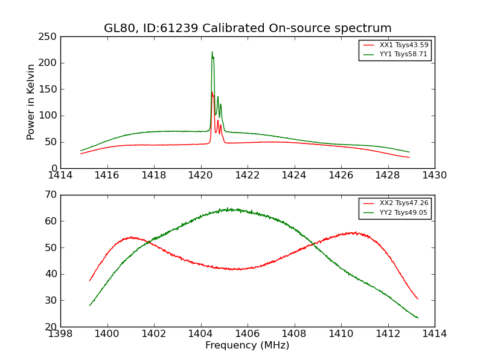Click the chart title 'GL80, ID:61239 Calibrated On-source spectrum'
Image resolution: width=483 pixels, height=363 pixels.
click(x=248, y=28)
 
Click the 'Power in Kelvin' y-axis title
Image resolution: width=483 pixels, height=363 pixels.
click(x=31, y=102)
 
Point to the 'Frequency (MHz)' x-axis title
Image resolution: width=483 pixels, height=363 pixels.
click(x=248, y=345)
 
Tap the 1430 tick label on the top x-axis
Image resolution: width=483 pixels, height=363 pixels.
click(x=435, y=175)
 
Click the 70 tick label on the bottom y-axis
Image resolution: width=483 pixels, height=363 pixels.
click(x=50, y=195)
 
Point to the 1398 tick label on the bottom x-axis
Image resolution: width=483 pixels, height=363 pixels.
click(x=60, y=334)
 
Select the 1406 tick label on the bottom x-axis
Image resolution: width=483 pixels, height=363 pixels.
click(x=248, y=334)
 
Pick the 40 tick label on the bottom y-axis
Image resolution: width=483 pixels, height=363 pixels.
click(x=50, y=274)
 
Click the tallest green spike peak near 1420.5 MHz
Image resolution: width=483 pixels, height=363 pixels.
click(x=212, y=52)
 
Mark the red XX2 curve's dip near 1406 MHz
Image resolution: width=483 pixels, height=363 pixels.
click(x=238, y=269)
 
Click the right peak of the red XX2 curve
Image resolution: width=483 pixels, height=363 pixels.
click(x=355, y=232)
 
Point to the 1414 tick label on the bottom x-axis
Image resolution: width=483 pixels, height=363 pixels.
click(x=435, y=334)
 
